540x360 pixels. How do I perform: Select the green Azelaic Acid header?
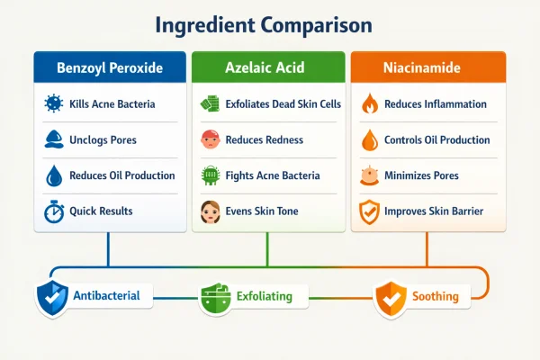point(268,67)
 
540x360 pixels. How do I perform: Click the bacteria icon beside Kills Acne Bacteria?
point(53,105)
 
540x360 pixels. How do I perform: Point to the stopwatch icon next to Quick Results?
point(53,211)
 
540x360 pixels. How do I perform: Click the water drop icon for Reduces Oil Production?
point(53,175)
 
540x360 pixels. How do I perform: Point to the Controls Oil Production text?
point(436,140)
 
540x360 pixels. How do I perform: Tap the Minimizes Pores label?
point(419,175)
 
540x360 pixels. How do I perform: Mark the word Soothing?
point(436,296)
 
